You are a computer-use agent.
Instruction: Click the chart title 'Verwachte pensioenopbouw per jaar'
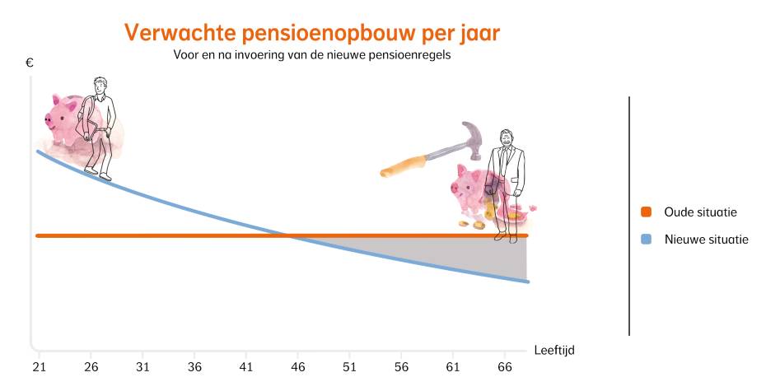[x=311, y=33]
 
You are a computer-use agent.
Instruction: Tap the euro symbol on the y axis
[x=30, y=62]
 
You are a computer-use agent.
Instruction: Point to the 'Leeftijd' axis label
[x=553, y=350]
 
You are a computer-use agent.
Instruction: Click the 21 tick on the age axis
[x=38, y=366]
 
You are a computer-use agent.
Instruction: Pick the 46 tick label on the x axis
[x=298, y=366]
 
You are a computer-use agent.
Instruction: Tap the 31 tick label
[x=142, y=366]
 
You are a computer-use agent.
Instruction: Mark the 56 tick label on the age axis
[x=403, y=366]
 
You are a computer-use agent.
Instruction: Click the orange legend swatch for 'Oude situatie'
[x=646, y=212]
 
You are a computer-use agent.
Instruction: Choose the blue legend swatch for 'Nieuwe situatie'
[x=646, y=240]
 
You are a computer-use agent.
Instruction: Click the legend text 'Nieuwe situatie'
[x=706, y=240]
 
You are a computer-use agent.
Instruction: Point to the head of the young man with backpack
[x=100, y=86]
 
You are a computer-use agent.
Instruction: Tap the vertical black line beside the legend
[x=629, y=214]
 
